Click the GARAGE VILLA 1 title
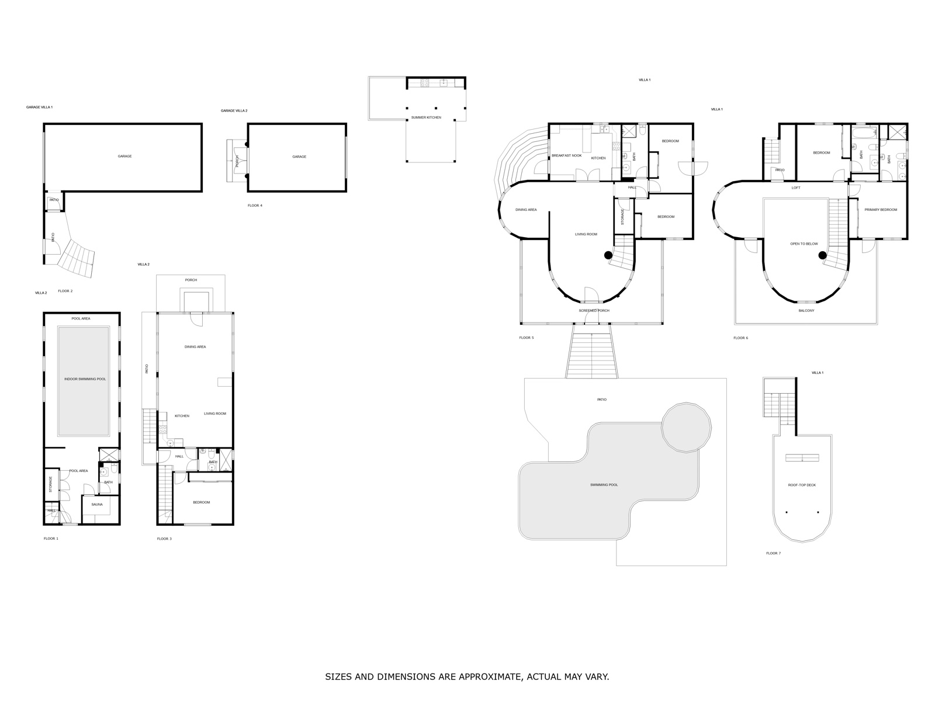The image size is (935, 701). pos(39,107)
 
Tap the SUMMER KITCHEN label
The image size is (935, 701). pos(426,117)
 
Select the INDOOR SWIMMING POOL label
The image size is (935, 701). pos(85,379)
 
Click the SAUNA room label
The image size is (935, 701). pos(97,504)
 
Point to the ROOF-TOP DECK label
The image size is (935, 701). pos(802,485)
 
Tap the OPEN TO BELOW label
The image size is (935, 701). pos(804,244)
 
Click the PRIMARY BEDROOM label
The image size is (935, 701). pos(881,210)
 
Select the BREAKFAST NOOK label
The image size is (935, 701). pos(566,156)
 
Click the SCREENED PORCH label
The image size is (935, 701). pos(594,311)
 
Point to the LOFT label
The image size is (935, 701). pos(796,188)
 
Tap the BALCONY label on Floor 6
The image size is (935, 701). pos(806,311)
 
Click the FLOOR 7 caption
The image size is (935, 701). pos(773,553)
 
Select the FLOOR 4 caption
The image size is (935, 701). pos(255,206)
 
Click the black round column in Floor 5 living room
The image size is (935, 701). pos(608,255)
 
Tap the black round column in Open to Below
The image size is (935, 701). pos(823,255)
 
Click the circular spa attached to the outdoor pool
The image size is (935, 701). pos(686,427)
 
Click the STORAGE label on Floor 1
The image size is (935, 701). pos(51,484)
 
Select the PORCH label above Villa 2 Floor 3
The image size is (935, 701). pos(191,280)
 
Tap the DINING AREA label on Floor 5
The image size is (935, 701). pos(526,210)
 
